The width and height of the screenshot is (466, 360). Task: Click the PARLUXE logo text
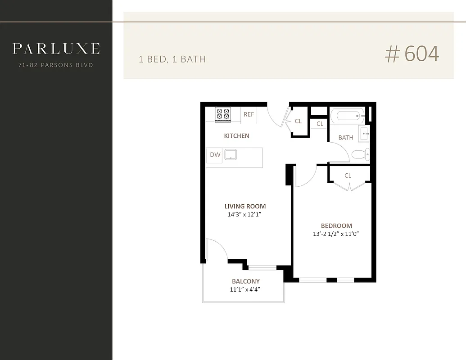(56, 49)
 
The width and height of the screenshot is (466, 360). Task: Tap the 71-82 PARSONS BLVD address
(56, 65)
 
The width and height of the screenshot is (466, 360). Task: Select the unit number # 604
(412, 54)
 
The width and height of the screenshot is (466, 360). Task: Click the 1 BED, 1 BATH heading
(172, 59)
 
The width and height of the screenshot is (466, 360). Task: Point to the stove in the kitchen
(222, 114)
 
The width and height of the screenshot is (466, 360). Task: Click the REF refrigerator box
(249, 115)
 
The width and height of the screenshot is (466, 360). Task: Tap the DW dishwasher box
(215, 155)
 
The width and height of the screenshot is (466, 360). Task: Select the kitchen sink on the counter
(231, 155)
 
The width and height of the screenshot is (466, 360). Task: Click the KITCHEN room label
(236, 136)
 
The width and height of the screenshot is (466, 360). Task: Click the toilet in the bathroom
(360, 154)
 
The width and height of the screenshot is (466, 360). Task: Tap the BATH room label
(345, 138)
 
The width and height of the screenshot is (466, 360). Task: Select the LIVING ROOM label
(245, 207)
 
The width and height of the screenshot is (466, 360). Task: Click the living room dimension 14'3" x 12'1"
(244, 215)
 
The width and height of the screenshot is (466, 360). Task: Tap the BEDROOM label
(336, 226)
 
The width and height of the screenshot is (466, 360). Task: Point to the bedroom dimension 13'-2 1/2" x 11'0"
(336, 234)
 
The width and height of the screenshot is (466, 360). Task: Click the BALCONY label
(245, 282)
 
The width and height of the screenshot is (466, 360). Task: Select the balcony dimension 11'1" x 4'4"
(245, 290)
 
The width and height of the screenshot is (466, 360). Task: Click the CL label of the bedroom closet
(348, 175)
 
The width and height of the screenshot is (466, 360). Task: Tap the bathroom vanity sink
(364, 133)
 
